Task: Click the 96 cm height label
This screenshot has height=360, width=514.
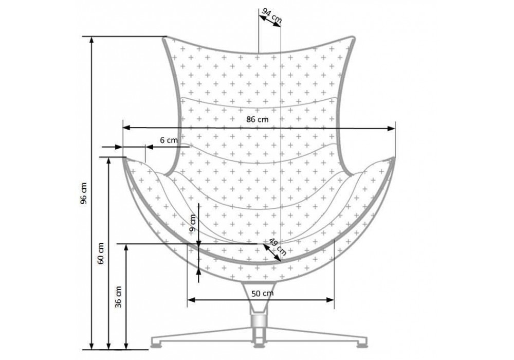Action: coord(84,193)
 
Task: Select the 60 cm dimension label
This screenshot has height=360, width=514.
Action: coord(101,253)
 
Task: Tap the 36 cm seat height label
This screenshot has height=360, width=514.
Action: coord(119,297)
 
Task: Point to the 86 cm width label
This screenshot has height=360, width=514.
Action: coord(258,119)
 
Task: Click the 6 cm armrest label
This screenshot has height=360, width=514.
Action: coord(169,140)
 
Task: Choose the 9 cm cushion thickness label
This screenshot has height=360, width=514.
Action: coord(193,223)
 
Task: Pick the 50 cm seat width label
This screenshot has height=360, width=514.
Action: coord(263,294)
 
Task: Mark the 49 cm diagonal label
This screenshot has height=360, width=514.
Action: coord(278,246)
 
